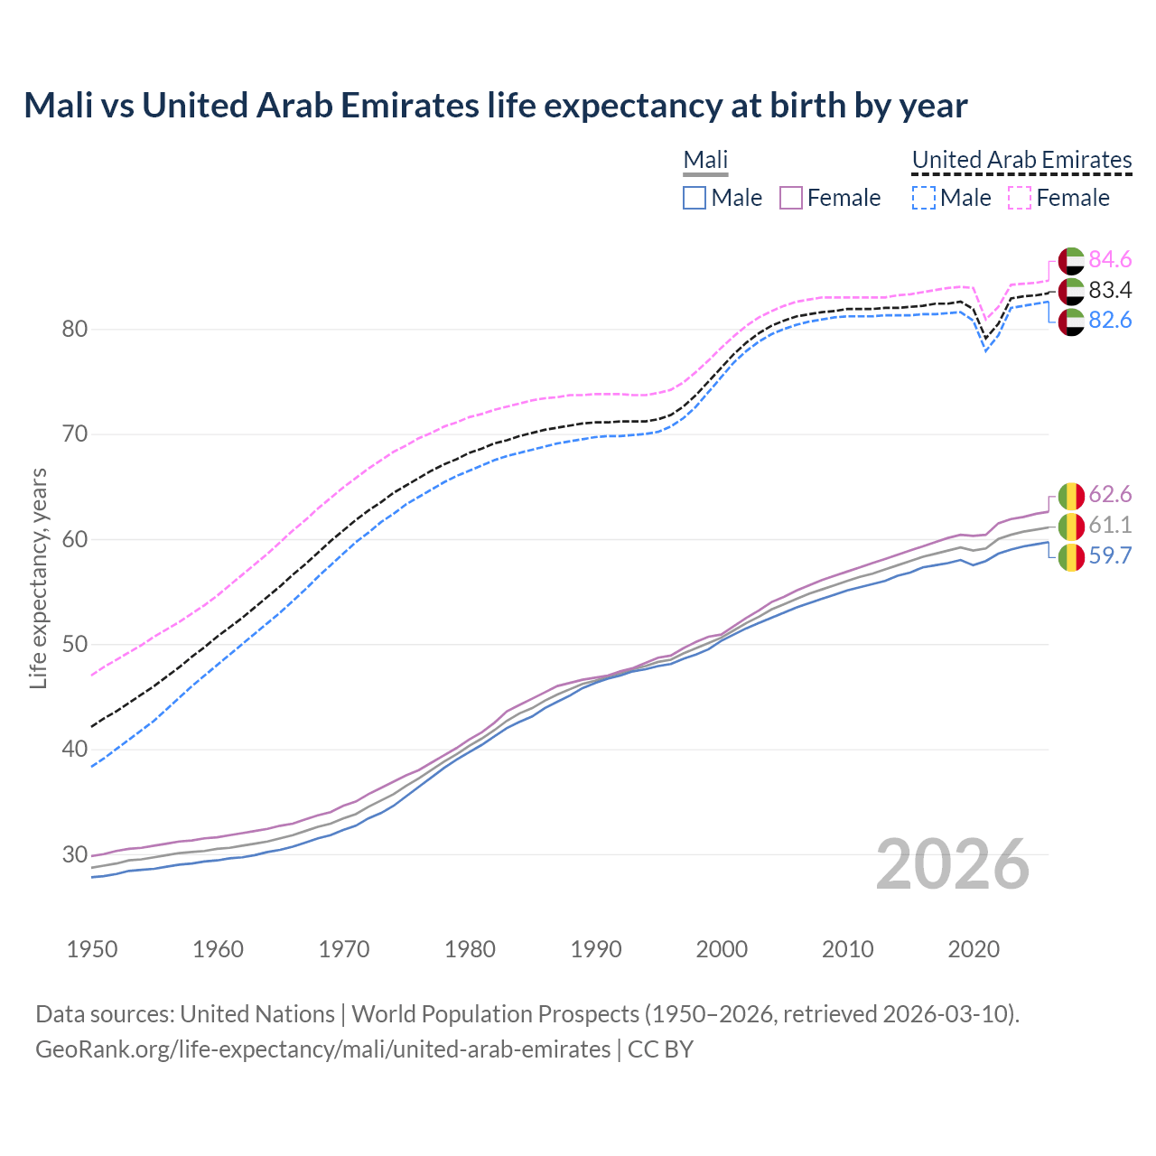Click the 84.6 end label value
[x=1110, y=260]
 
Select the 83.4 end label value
[x=1110, y=291]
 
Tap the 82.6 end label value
[x=1110, y=321]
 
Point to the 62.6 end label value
[x=1110, y=495]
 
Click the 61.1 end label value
[x=1110, y=526]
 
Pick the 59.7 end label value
[x=1110, y=555]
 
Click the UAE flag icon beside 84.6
[x=1071, y=260]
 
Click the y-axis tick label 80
[x=74, y=329]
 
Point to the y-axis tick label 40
[x=74, y=750]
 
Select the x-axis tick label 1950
[x=92, y=949]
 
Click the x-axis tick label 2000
[x=722, y=949]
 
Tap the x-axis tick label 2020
[x=974, y=949]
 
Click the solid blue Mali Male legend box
[x=694, y=198]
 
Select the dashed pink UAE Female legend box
[x=1019, y=198]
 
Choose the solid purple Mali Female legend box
[x=790, y=198]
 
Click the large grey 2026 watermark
[x=952, y=864]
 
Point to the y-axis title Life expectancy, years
[x=38, y=578]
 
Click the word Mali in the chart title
[x=58, y=106]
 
